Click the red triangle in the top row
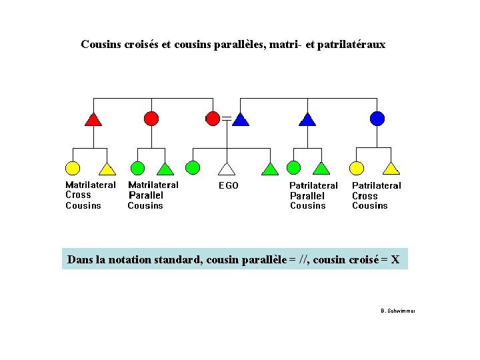coord(93,119)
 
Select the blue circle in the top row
coord(377,119)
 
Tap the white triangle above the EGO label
coord(227,169)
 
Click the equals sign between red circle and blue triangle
coord(227,119)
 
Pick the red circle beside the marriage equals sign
coord(213,119)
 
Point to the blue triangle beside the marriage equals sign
coord(241,119)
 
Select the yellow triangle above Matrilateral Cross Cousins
coord(107,169)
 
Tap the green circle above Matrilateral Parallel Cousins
coord(137,167)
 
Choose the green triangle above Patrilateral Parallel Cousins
coord(322,169)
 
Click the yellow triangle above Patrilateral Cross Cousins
coord(391,169)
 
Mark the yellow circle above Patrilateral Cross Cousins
coord(357,167)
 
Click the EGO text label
coord(229,185)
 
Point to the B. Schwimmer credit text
coord(397,311)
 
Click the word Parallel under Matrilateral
coord(145,195)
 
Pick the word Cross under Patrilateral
coord(365,196)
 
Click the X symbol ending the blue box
coord(395,259)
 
